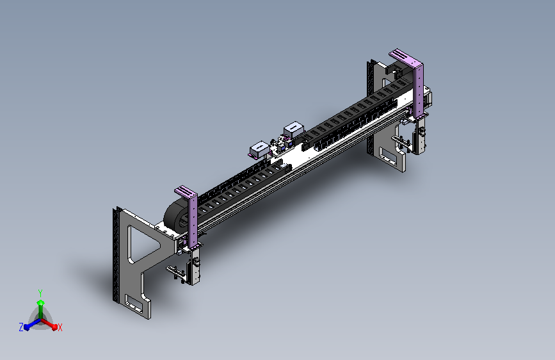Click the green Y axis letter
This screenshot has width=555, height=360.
(x=40, y=293)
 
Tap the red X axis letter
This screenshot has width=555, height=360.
(x=60, y=328)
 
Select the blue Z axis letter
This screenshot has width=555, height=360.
(x=21, y=327)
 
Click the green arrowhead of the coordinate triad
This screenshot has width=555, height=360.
(x=41, y=303)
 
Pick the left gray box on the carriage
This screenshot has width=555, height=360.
(x=259, y=149)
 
